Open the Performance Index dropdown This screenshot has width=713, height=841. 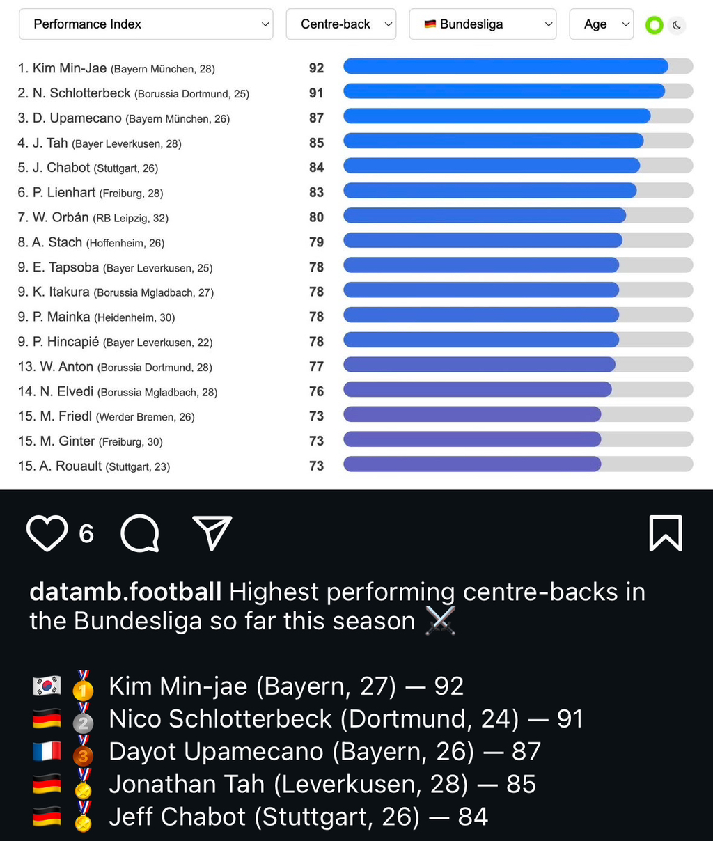click(x=145, y=24)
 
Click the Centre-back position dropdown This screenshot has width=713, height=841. click(x=340, y=24)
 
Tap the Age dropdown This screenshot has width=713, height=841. click(x=601, y=24)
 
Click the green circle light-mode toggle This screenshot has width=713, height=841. click(x=654, y=26)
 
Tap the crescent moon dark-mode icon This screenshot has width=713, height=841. click(x=677, y=26)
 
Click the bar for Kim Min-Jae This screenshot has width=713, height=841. click(x=506, y=67)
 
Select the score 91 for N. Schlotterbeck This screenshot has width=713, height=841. click(x=316, y=93)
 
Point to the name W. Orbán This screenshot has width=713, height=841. click(x=61, y=218)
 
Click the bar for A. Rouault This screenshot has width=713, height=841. click(x=472, y=464)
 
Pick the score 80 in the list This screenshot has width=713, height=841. click(x=316, y=217)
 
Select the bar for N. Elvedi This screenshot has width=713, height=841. click(x=478, y=390)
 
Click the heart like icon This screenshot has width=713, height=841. click(x=47, y=533)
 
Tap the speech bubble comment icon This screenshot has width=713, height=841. click(x=140, y=533)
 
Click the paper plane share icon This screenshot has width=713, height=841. click(x=212, y=533)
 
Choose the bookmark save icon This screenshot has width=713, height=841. click(x=665, y=533)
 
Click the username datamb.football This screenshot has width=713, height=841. click(x=125, y=592)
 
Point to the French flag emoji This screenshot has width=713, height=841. click(x=47, y=752)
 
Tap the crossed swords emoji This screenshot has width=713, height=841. click(x=440, y=620)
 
